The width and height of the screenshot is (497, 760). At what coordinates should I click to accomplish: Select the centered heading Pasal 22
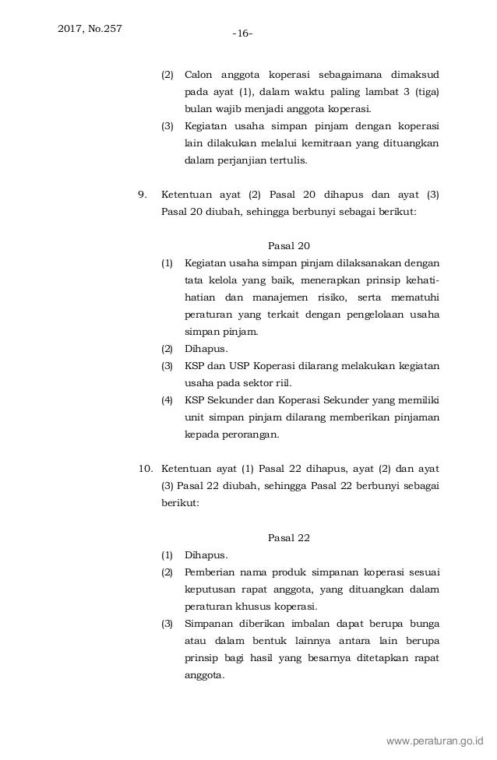[x=288, y=537]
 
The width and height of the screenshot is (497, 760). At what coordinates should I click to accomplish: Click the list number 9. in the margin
[x=142, y=192]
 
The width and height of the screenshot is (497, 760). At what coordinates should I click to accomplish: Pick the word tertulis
[x=288, y=161]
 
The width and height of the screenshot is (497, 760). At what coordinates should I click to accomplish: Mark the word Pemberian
[x=210, y=573]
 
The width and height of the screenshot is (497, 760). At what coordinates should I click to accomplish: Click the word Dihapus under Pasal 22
[x=206, y=555]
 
